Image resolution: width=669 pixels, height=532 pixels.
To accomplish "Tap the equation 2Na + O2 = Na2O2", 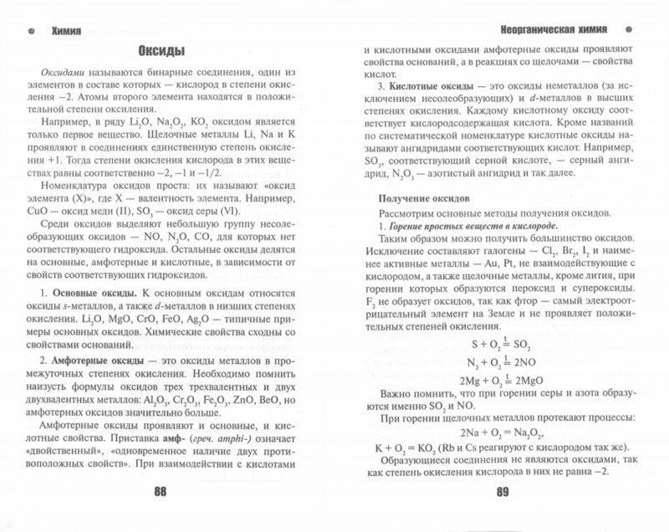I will pos(501,432).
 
